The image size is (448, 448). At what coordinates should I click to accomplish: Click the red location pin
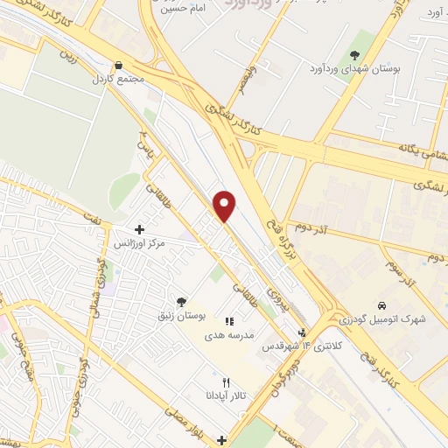pos(225,205)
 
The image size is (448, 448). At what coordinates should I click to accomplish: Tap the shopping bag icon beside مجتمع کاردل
pos(118,64)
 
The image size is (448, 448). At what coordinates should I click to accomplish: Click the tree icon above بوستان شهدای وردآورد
pos(354,54)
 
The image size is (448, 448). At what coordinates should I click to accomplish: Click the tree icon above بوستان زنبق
pos(181,302)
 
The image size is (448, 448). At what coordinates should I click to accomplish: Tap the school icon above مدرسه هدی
pos(229,322)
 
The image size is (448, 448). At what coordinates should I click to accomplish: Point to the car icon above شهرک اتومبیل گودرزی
pos(381,305)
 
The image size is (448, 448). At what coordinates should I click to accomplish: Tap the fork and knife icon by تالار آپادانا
pos(226,382)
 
